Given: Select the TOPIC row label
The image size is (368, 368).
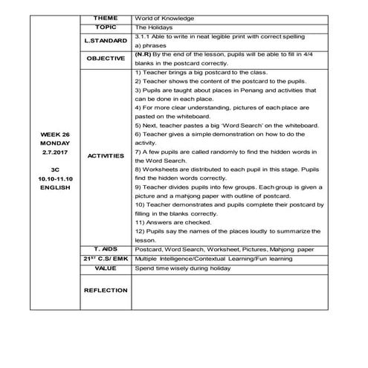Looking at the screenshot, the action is (106, 26).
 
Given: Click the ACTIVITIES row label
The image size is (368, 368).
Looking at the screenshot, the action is (106, 156).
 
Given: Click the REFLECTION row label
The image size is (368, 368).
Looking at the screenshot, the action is (106, 291).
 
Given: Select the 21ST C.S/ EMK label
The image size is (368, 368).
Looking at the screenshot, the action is (106, 258).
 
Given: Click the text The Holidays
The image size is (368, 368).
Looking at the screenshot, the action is (154, 26).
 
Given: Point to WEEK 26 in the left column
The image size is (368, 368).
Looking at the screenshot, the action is (53, 135).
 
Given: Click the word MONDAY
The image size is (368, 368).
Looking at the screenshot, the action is (53, 143).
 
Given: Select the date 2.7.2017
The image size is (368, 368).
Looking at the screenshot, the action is (53, 152).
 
